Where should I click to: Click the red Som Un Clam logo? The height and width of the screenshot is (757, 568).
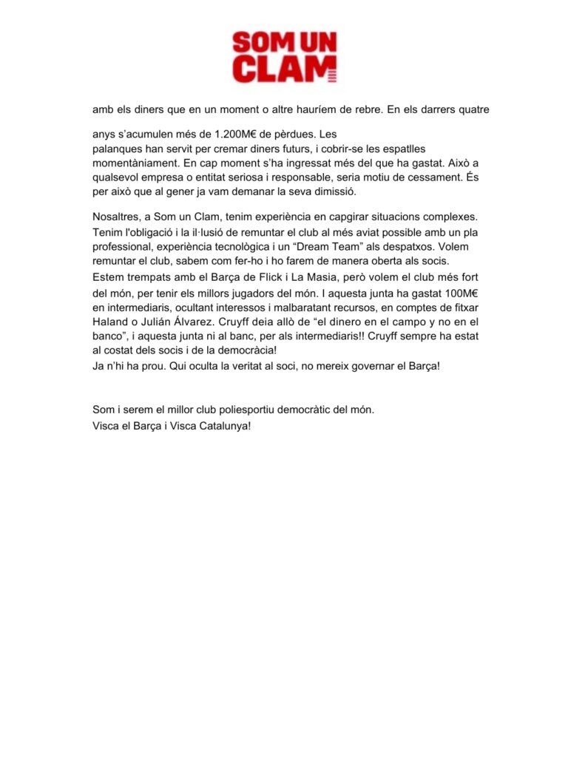click(x=284, y=56)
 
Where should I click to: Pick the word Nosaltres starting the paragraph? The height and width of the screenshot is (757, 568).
click(x=118, y=217)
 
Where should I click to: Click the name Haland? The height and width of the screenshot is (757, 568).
click(x=111, y=322)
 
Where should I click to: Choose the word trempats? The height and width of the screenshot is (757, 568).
click(x=147, y=278)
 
